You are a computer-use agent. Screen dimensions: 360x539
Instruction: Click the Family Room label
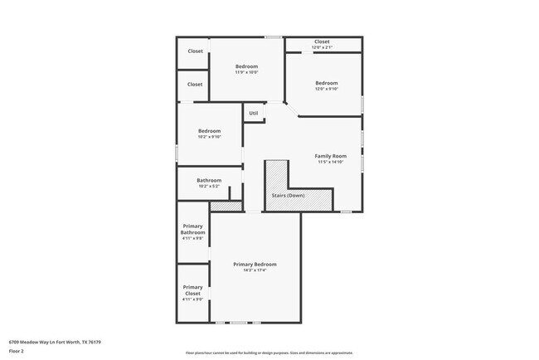click(x=330, y=156)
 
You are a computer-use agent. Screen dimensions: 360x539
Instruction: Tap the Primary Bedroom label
click(x=255, y=264)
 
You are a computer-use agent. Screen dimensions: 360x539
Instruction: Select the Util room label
click(x=254, y=113)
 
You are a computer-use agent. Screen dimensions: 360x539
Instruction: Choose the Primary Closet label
click(x=192, y=290)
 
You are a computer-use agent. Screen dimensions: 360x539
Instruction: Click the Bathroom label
click(x=209, y=180)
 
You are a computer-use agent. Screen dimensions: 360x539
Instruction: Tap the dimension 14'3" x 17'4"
click(x=255, y=270)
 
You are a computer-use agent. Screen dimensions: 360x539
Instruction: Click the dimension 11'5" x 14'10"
click(x=330, y=162)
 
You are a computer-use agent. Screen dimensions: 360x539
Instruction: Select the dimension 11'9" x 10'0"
click(x=246, y=72)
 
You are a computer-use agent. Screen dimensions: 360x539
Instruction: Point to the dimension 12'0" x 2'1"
click(x=322, y=47)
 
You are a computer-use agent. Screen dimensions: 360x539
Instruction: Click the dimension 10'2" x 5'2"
click(x=209, y=186)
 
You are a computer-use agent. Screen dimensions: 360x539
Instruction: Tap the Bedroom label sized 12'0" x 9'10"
click(x=326, y=83)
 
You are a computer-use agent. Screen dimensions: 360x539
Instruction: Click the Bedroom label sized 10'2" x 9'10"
click(x=209, y=131)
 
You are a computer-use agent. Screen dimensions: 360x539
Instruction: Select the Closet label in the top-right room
click(x=322, y=41)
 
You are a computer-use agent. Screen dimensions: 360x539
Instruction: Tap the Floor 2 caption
click(x=17, y=352)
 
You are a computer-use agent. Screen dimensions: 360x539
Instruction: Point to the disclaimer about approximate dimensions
click(x=269, y=353)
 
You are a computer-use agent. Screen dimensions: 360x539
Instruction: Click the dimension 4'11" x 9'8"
click(x=192, y=239)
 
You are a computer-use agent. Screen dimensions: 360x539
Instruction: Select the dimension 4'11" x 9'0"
click(x=192, y=299)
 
